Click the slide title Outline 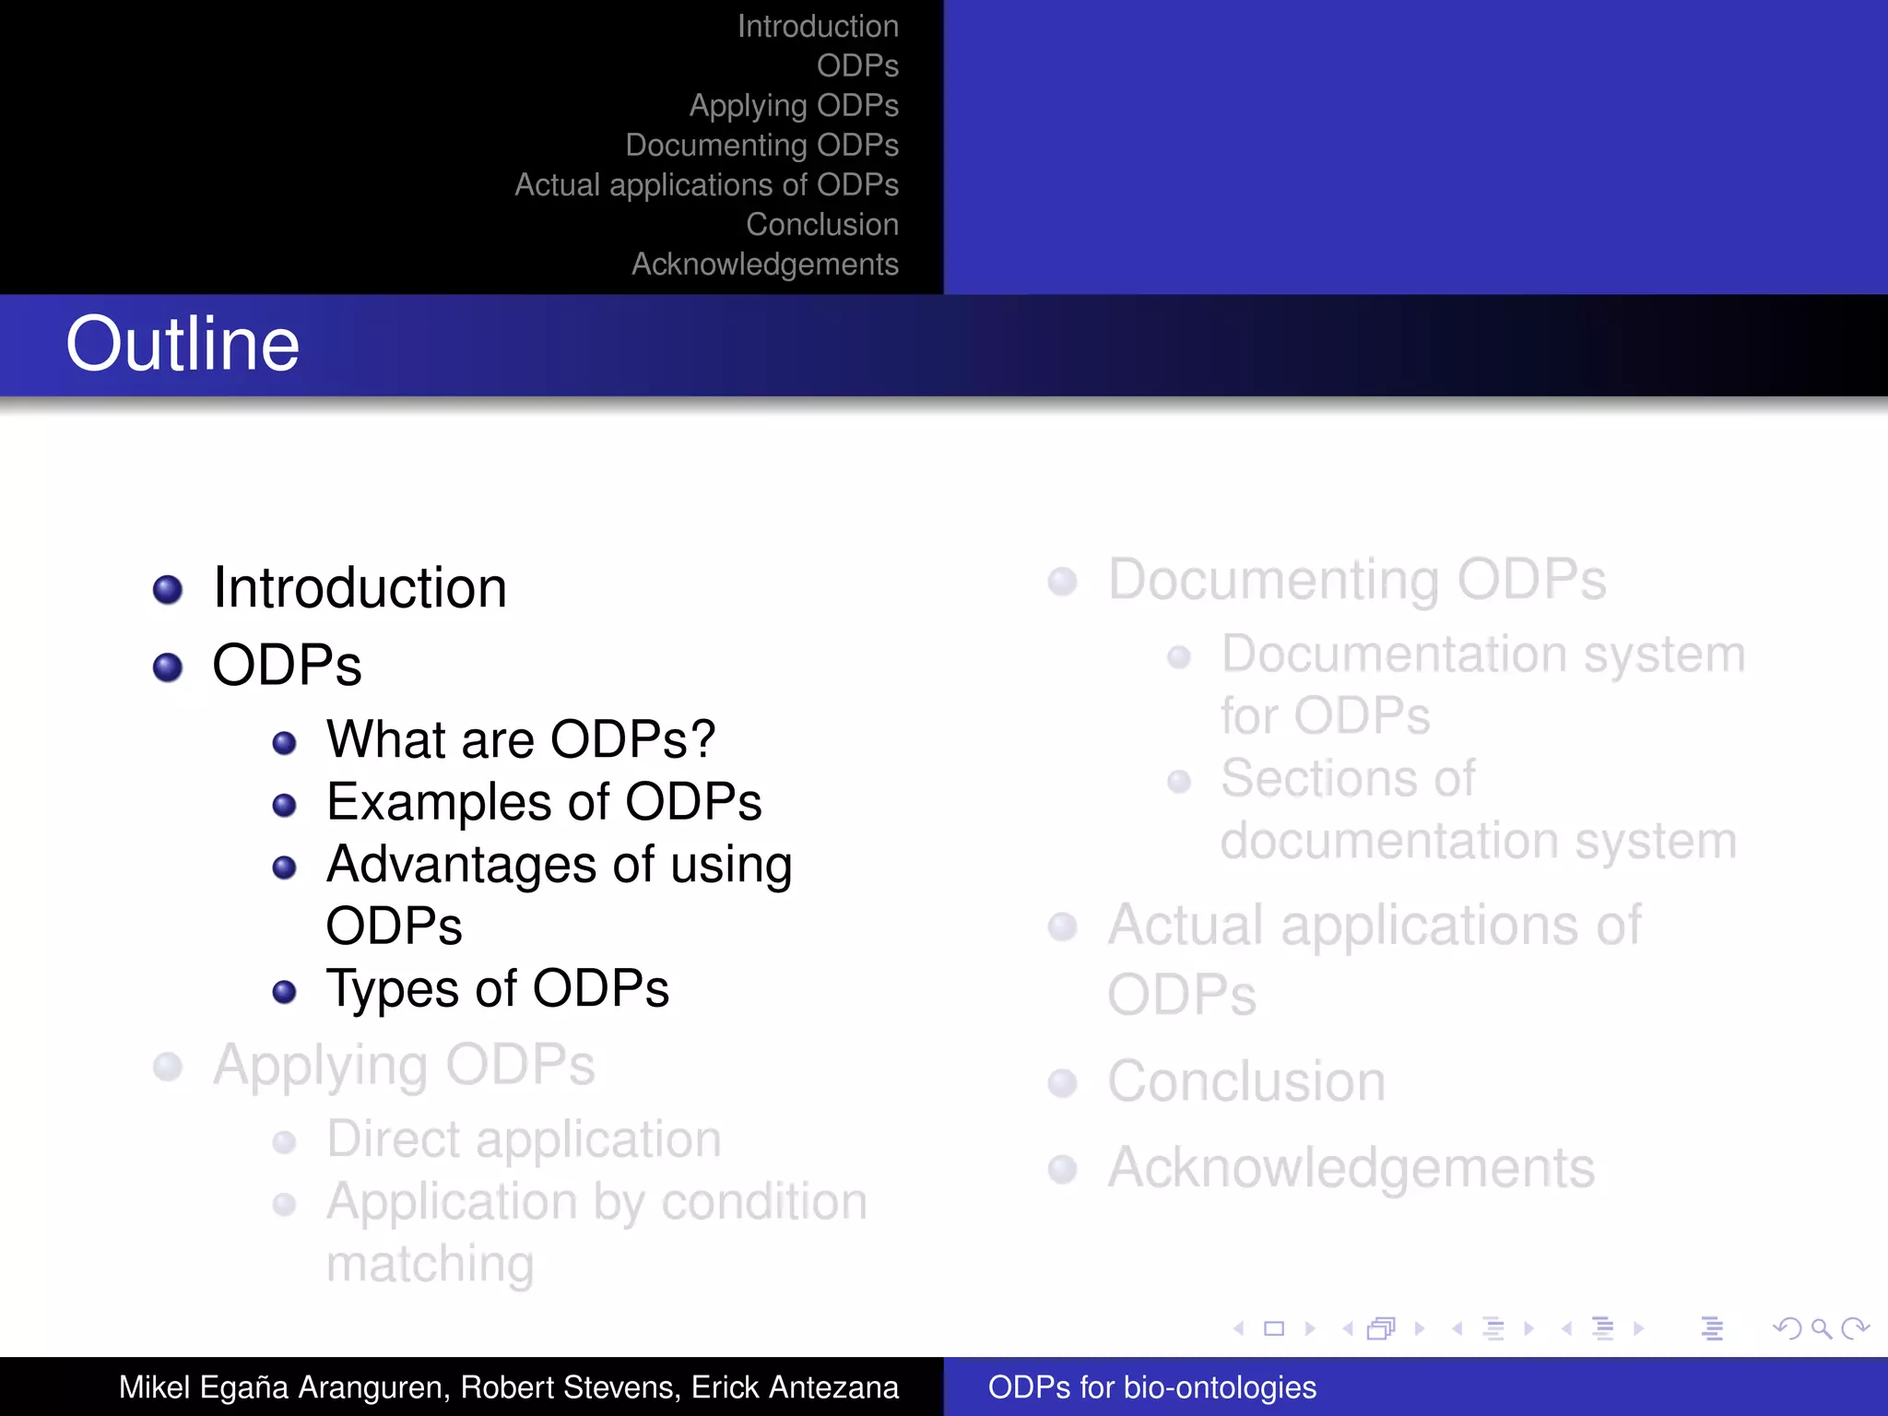pos(183,344)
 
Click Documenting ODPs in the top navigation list pos(761,146)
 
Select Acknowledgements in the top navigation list pos(764,265)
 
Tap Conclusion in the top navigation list pos(821,225)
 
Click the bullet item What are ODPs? pos(521,739)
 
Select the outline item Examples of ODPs pos(544,802)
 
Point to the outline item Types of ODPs pos(498,989)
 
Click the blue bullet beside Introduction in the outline pos(168,589)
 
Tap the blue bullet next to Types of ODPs pos(285,992)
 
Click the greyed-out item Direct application pos(524,1139)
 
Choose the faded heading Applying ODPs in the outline pos(404,1066)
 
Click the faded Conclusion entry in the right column pos(1246,1081)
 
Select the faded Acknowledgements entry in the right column pos(1351,1168)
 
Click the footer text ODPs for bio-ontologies pos(1151,1387)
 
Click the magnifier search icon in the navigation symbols pos(1821,1328)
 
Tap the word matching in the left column pos(430,1264)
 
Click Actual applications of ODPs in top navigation pos(706,185)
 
